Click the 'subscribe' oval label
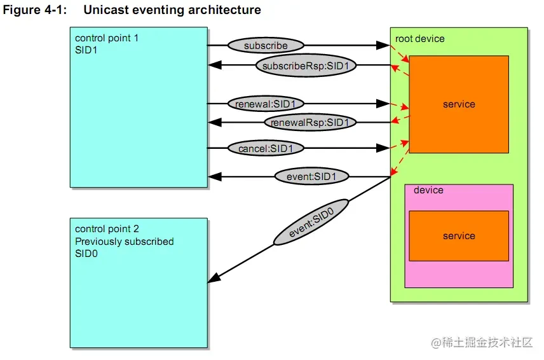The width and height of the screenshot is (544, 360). coord(266,46)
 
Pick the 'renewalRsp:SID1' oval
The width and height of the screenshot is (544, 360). coord(310,122)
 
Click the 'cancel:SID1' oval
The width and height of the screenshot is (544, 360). coord(265,148)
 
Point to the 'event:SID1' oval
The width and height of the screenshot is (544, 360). coord(306,176)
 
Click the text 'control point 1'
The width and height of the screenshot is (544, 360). coord(107,38)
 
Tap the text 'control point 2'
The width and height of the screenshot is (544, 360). coord(107,229)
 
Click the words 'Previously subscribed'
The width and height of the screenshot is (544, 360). coord(124,242)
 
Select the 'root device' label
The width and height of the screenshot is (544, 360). coord(420,39)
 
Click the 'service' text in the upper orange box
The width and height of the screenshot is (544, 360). coord(459,104)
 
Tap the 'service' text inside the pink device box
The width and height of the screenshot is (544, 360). coord(459,236)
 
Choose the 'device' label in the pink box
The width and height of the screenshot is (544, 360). coord(428,190)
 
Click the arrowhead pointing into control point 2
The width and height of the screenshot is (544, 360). coord(215,277)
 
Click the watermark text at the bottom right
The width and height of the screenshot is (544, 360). coord(482,343)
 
